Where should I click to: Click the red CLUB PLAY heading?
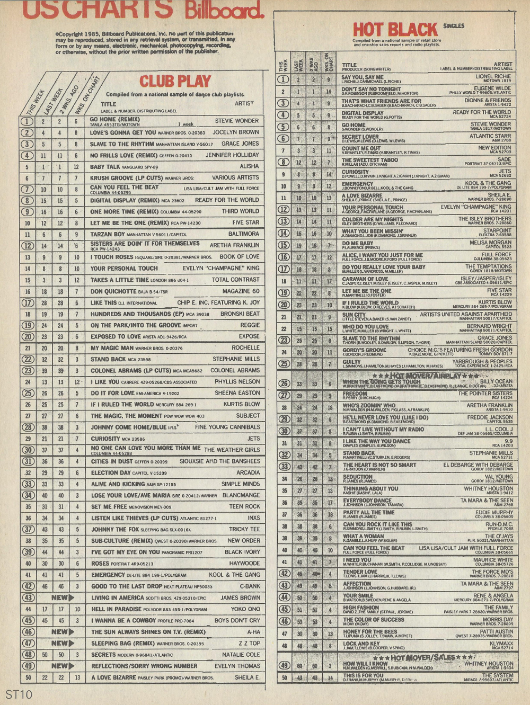(175, 81)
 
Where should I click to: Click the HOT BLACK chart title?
(395, 30)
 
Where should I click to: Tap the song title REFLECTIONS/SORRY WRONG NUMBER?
(144, 666)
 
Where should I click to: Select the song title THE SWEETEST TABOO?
(369, 159)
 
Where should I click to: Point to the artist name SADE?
(505, 159)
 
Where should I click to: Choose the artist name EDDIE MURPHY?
(494, 512)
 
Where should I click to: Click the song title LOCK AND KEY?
(361, 644)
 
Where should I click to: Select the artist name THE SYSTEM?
(498, 675)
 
